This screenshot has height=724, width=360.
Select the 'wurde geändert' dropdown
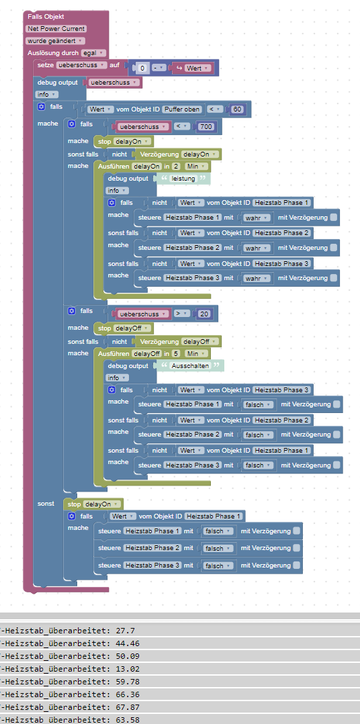pos(55,40)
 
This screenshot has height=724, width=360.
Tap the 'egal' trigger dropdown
pos(93,53)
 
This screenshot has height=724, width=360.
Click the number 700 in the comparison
pos(206,126)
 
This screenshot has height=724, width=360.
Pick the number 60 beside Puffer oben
pos(238,109)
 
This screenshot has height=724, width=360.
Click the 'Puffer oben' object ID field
pos(182,109)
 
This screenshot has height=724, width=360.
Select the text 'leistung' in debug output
pos(183,178)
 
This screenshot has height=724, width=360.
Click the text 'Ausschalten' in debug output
pos(189,365)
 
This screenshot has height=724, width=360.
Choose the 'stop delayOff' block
pos(123,329)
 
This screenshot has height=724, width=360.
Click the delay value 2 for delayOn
pos(177,167)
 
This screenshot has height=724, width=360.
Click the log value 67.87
pos(122,707)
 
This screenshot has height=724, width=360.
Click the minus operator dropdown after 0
pos(159,68)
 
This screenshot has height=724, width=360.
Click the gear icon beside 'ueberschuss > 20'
pos(72,311)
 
